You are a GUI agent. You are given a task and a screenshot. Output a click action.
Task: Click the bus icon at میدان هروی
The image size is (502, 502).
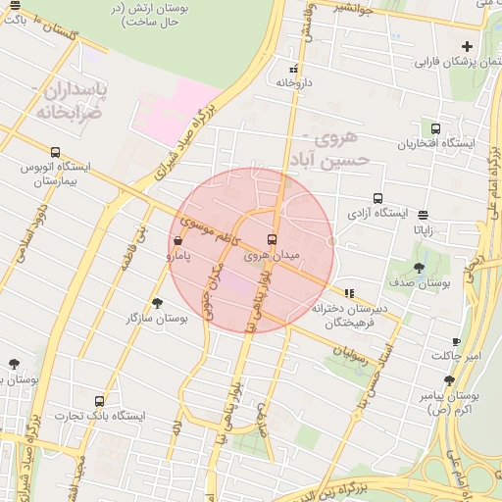tap(272, 239)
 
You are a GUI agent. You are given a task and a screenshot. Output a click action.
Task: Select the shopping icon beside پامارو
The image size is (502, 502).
tap(176, 240)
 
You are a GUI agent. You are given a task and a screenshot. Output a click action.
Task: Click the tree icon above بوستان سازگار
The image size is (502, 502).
tap(157, 303)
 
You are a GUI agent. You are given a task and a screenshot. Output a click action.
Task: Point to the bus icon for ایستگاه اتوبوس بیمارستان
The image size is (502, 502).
tap(55, 152)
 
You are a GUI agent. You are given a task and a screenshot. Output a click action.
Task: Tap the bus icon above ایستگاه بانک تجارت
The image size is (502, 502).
tap(99, 401)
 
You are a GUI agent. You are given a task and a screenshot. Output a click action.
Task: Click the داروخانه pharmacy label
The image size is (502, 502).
tap(293, 83)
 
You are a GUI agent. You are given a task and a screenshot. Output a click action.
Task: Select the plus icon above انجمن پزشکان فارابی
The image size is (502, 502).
tap(467, 46)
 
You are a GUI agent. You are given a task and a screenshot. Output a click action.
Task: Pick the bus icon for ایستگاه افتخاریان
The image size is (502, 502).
tap(435, 128)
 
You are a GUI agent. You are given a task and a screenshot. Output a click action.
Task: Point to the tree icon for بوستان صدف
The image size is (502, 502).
tap(419, 267)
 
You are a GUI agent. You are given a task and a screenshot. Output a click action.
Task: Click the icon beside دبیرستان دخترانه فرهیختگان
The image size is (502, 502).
tap(349, 292)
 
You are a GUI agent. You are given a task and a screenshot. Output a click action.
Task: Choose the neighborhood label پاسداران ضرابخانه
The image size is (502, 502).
tap(75, 99)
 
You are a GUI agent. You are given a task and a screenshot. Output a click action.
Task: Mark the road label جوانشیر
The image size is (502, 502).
tap(353, 6)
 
